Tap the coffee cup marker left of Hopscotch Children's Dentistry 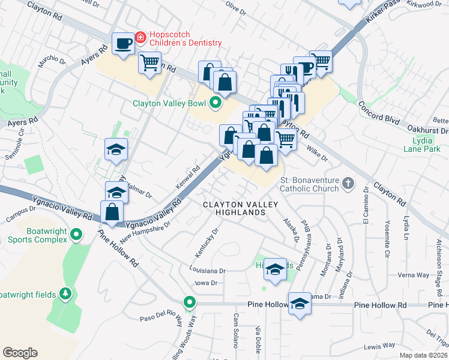coord(123,43)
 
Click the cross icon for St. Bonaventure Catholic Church coord(348,182)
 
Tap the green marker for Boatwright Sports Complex coord(76,235)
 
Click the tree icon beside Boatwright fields coord(66,294)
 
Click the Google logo coord(20,352)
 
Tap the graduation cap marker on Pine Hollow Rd coord(299,304)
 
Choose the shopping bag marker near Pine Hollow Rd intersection coord(112,212)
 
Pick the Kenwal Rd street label coord(187,178)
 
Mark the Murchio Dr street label coord(52,61)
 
